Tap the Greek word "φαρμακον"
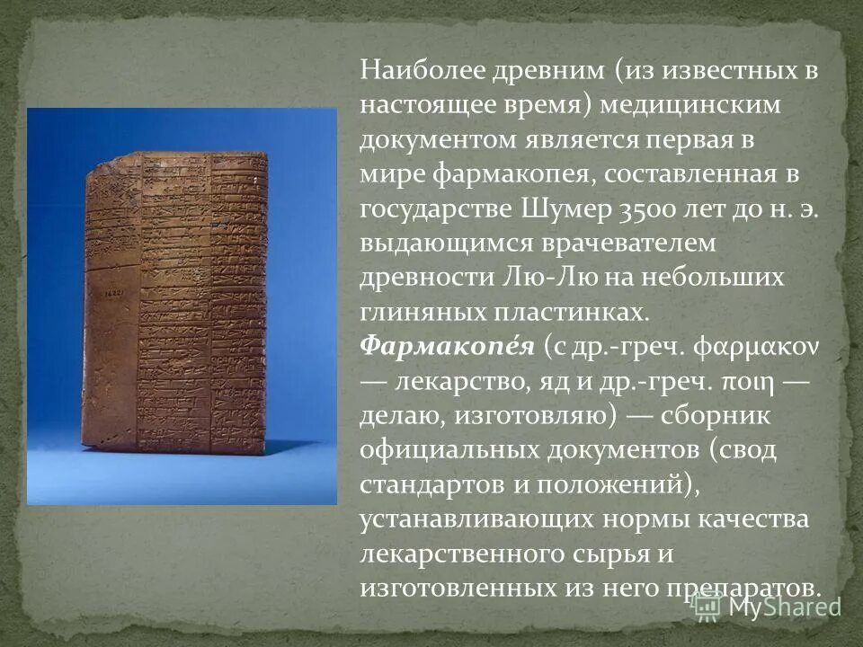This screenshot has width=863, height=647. [742, 346]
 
